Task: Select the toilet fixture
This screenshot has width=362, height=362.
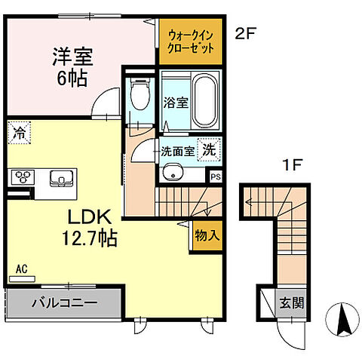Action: pos(138,97)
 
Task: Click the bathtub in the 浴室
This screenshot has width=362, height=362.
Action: pos(203,102)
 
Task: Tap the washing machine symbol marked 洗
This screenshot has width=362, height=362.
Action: pos(207,149)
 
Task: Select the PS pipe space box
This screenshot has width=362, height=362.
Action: pos(216,177)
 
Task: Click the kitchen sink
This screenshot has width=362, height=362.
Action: pos(59,178)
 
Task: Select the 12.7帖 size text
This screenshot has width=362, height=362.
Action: pos(88,239)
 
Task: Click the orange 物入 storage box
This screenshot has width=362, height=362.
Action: pos(207,235)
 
